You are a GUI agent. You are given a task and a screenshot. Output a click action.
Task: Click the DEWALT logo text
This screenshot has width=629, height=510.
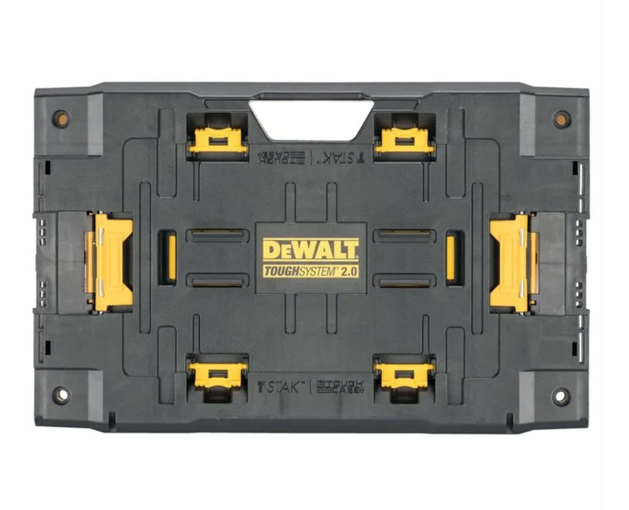point(311,250)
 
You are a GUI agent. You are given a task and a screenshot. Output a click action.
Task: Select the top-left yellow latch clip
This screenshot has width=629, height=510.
point(217,138)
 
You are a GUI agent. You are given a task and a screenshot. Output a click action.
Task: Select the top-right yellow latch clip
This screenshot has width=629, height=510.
point(404,138)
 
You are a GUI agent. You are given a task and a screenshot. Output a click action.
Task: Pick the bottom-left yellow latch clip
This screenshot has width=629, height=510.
point(217,374)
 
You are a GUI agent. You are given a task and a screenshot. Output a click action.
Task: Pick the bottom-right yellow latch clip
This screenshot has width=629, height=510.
point(404,374)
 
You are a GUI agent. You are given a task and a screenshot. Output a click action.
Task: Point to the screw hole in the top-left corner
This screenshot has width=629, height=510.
point(61,119)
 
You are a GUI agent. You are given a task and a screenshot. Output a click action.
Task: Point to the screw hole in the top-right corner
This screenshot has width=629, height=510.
point(561,119)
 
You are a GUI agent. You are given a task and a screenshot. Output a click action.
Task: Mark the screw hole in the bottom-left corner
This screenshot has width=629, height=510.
point(61,396)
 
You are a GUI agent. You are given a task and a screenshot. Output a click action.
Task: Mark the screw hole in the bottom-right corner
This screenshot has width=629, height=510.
point(560,396)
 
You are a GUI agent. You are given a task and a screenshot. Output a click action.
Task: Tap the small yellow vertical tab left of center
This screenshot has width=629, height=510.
point(171,256)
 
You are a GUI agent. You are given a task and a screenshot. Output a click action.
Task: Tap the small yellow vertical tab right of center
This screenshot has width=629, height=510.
point(452,256)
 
